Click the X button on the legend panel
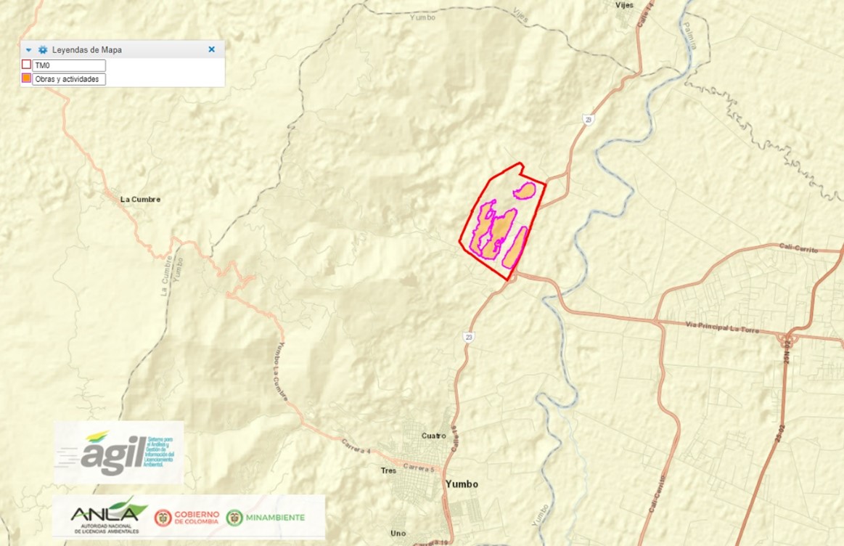(211, 49)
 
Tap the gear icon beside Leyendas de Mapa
(43, 50)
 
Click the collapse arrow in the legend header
(28, 50)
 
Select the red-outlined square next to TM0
(26, 65)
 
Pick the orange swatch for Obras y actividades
(26, 78)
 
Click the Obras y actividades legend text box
(70, 79)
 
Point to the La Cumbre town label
(140, 199)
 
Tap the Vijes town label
(624, 5)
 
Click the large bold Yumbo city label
(462, 484)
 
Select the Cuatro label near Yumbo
(433, 436)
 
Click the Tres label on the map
(388, 470)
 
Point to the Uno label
(398, 534)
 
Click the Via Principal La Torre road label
(722, 327)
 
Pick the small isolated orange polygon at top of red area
(524, 191)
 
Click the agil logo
(118, 452)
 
